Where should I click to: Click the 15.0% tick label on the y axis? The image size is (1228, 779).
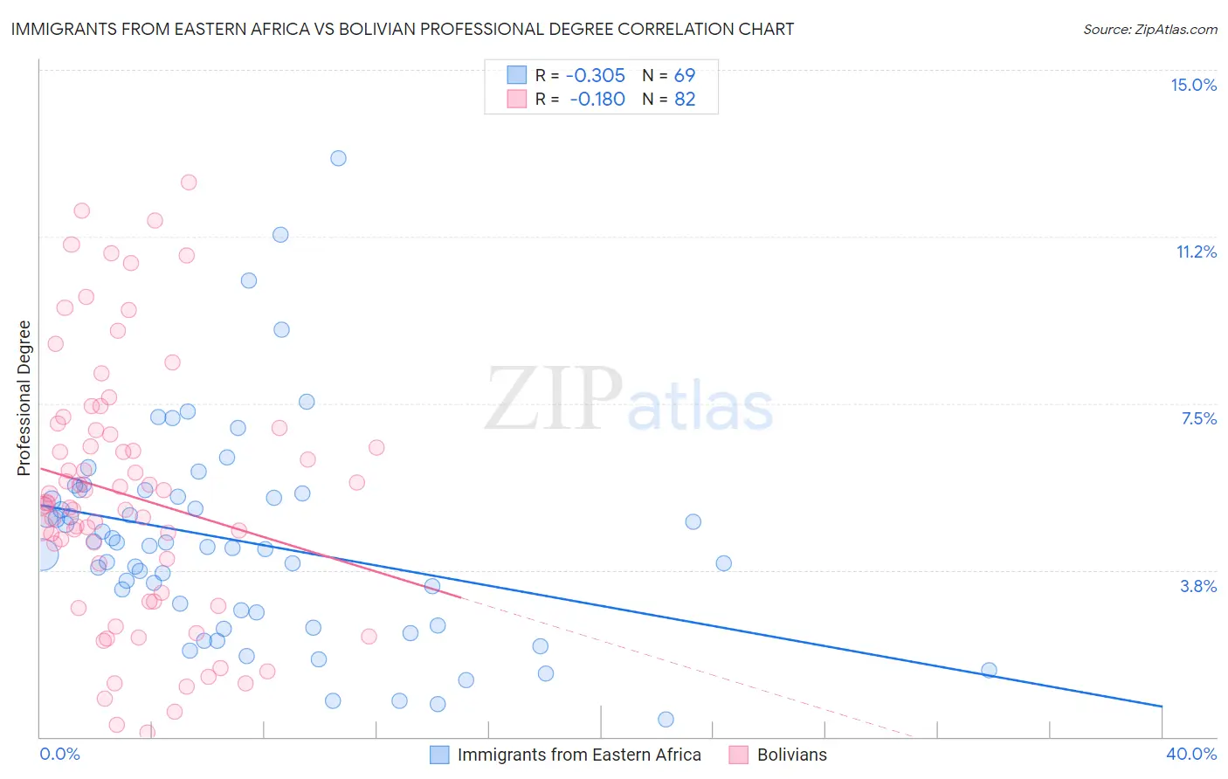coord(1193,85)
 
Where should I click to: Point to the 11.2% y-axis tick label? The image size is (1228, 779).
coord(1196,252)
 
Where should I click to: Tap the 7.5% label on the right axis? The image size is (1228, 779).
coord(1198,418)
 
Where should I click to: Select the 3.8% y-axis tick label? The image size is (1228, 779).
coord(1198,586)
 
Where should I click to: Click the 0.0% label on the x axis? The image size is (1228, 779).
coord(59,754)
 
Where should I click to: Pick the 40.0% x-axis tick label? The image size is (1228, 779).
coord(1190,754)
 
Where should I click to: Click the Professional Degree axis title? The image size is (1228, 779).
coord(24,398)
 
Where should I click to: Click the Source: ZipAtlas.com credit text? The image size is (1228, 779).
coord(1149,29)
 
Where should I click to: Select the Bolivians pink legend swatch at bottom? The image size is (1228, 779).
coord(738,755)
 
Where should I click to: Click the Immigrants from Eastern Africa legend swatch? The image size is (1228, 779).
coord(439,755)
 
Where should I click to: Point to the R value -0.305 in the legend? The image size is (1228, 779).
coord(596,76)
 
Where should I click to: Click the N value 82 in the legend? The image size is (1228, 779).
coord(685,100)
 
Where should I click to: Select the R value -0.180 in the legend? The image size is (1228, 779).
coord(597,100)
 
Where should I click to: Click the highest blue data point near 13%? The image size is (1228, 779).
coord(338,158)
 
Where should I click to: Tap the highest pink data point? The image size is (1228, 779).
coord(189,183)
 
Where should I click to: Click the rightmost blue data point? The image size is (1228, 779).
coord(989,670)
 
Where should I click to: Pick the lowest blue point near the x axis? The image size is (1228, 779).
coord(666,720)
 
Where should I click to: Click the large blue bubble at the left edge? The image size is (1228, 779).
coord(41,553)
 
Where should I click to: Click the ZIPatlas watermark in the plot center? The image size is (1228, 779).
coord(629,400)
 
